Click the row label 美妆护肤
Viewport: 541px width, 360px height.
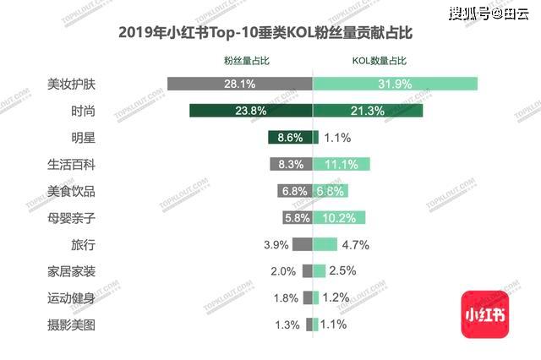[x=72, y=84]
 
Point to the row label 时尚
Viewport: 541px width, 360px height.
[x=84, y=110]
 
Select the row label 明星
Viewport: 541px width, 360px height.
[x=84, y=137]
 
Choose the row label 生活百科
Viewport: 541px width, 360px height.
[x=72, y=164]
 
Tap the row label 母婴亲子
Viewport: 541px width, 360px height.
[x=72, y=217]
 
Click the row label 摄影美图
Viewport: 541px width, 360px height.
[x=72, y=325]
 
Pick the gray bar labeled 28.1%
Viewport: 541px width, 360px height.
[x=240, y=84]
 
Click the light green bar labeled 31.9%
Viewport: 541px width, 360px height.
[x=396, y=84]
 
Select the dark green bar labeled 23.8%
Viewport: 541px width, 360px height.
[x=251, y=110]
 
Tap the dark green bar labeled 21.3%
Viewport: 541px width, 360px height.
[x=368, y=110]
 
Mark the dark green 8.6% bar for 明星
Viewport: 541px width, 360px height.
[x=291, y=137]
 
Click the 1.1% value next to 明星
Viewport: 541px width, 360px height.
[x=337, y=137]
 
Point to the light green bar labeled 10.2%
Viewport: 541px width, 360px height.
[x=339, y=217]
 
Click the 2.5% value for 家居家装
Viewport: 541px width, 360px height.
[x=342, y=270]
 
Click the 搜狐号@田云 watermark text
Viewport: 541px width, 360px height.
[x=487, y=13]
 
